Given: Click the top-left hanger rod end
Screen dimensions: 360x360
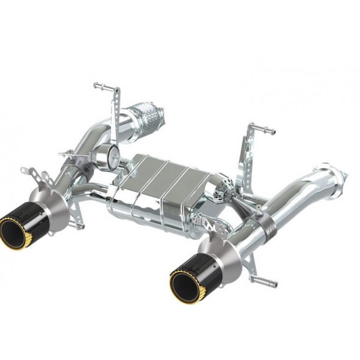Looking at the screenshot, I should click(98, 85).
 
